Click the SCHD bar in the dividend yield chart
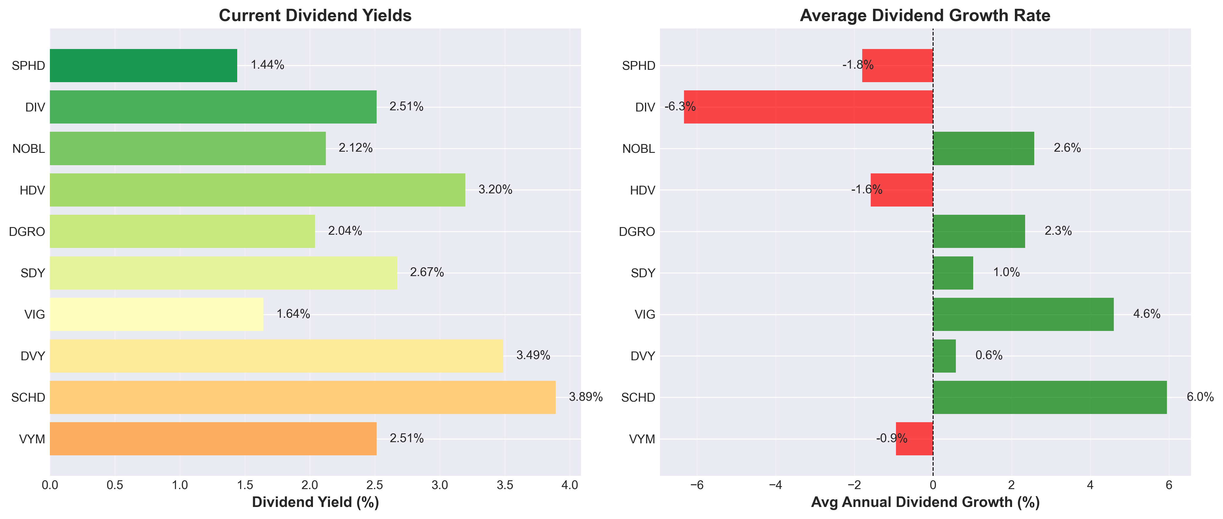tap(302, 397)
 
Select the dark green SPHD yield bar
tap(143, 65)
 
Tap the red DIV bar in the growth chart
tap(808, 107)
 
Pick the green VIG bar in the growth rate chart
tap(1023, 314)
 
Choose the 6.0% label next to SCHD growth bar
tap(1200, 397)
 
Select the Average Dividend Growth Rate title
tap(925, 16)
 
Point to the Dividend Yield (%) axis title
tap(315, 502)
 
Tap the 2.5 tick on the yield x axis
tap(375, 485)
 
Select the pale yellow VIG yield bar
tap(156, 314)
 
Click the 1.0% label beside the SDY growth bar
tap(1006, 272)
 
